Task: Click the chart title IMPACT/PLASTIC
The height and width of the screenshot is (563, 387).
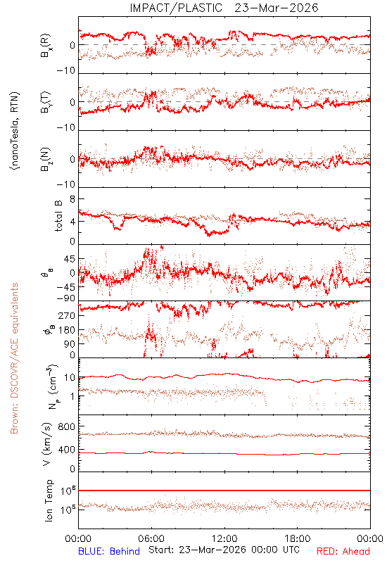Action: [x=176, y=8]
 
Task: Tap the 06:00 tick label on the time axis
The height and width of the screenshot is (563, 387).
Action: [x=151, y=538]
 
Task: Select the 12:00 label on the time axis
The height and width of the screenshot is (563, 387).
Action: [x=224, y=538]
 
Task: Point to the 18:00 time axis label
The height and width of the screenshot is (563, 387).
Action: [x=298, y=538]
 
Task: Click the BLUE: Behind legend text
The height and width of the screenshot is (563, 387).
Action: [x=109, y=551]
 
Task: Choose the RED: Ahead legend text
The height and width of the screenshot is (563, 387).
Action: [x=343, y=551]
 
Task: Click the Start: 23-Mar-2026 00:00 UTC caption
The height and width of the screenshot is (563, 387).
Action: [x=224, y=550]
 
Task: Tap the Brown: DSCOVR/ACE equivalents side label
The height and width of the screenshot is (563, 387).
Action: [x=14, y=358]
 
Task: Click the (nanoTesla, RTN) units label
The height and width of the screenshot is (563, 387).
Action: [x=15, y=131]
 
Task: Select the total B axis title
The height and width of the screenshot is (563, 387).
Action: [x=58, y=215]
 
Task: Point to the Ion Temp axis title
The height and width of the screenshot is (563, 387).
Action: [x=49, y=500]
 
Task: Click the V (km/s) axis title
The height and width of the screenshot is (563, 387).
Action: [x=47, y=444]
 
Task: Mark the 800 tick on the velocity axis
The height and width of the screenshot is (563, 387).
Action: [x=67, y=426]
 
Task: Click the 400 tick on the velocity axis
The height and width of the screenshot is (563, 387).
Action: [x=67, y=449]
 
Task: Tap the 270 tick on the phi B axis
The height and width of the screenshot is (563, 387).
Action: [x=67, y=315]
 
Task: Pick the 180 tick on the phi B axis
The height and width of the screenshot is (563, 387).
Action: [x=67, y=330]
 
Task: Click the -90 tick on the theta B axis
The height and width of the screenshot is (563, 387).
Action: [x=66, y=298]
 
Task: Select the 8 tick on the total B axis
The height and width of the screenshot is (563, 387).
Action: [x=72, y=199]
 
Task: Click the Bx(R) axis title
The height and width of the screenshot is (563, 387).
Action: [x=46, y=45]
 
